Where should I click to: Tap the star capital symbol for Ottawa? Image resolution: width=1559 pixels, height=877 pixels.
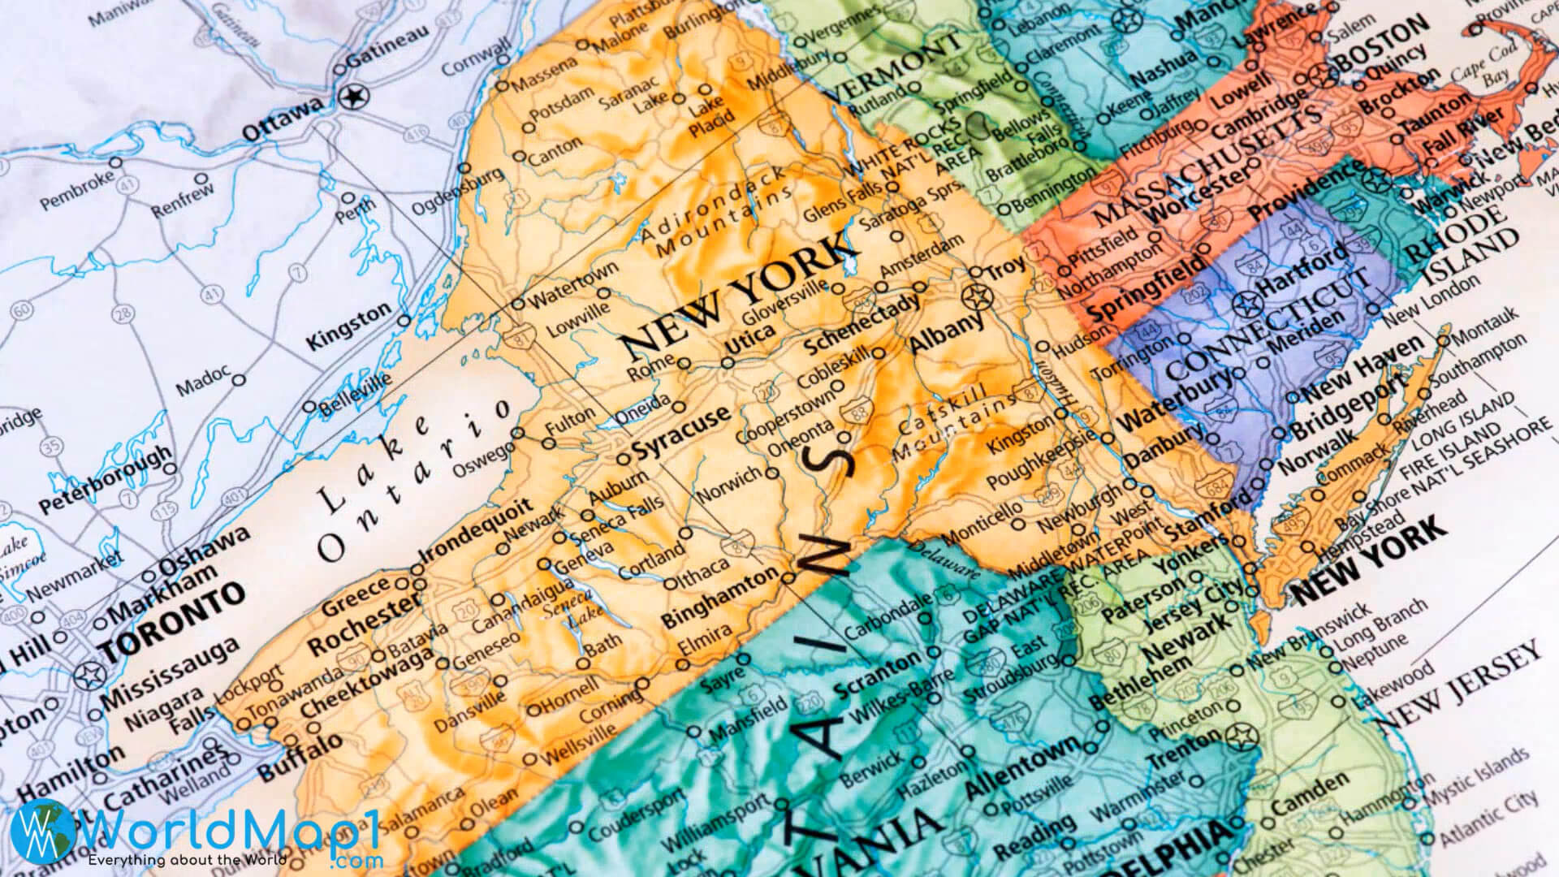tap(353, 97)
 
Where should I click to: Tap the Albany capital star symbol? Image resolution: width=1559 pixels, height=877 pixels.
tap(977, 296)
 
